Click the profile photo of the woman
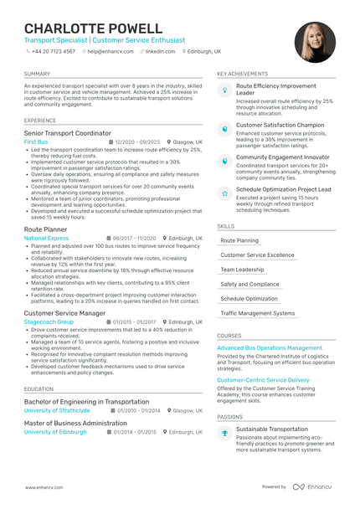[x=315, y=42]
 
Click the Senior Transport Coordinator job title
[x=67, y=133]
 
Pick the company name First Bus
[x=36, y=142]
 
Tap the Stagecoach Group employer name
[x=49, y=321]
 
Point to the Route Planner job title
[x=45, y=228]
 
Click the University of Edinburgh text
[x=55, y=432]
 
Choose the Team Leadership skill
[x=242, y=270]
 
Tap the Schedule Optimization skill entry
[x=249, y=298]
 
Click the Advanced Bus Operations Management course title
[x=269, y=347]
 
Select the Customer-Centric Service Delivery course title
[x=263, y=380]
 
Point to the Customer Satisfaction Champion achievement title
[x=280, y=125]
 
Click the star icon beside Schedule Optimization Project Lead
[x=224, y=193]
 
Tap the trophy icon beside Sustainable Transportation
[x=224, y=433]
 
